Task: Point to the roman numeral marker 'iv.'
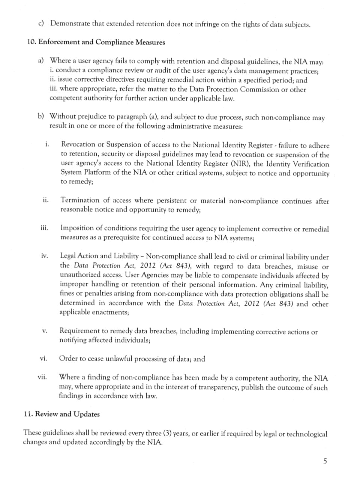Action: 45,256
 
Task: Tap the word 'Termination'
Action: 80,200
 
